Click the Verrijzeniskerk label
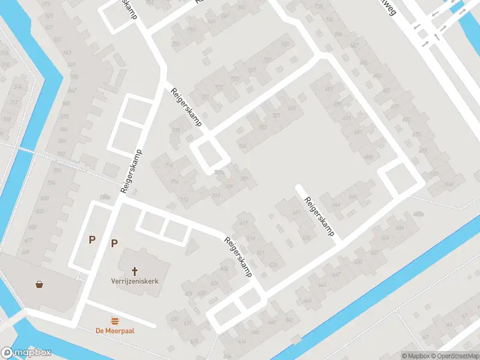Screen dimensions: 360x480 [134, 280]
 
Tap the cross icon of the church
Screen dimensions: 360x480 [135, 271]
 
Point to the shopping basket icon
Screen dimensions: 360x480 [40, 284]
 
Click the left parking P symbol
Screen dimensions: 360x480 [92, 239]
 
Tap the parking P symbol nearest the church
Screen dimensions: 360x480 [113, 243]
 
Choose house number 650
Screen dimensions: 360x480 [358, 262]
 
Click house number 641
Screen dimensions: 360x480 [296, 212]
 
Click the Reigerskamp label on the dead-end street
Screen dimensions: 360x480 [319, 216]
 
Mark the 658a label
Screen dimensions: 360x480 [418, 214]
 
